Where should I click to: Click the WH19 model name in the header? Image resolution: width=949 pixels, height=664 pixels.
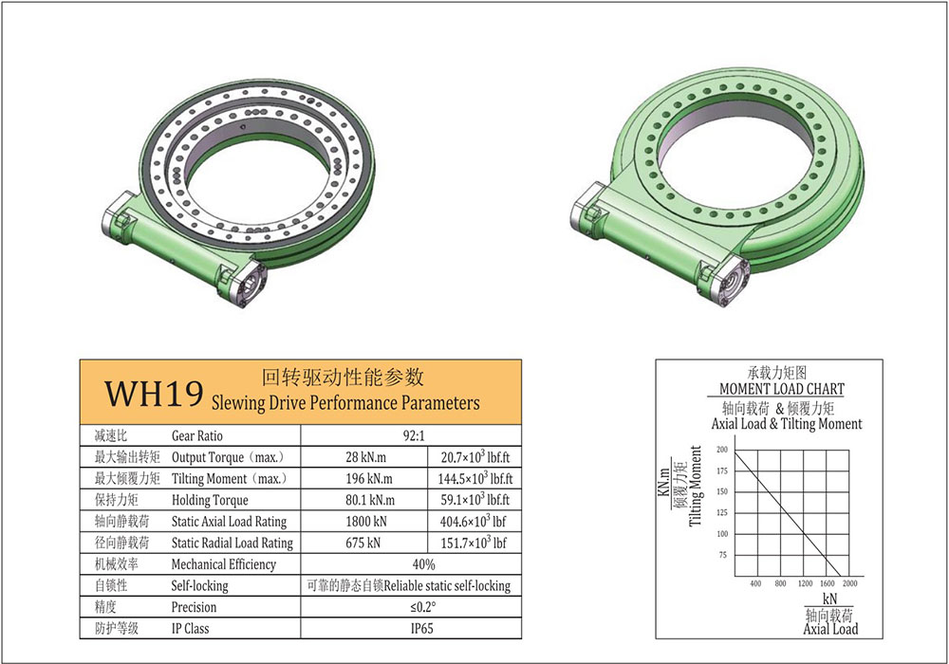pos(154,394)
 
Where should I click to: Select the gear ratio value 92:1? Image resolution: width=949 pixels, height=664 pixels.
pos(414,435)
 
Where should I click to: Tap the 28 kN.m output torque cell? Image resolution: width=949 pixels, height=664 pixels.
pos(365,457)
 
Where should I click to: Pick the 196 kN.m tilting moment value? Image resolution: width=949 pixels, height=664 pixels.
pos(368,479)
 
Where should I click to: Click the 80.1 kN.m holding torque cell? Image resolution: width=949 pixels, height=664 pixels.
pos(370,500)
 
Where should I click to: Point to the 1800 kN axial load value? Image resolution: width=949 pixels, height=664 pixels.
pos(366,522)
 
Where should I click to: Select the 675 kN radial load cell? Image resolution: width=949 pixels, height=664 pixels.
pos(363,543)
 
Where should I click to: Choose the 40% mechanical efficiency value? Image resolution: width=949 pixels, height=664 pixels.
pos(423,564)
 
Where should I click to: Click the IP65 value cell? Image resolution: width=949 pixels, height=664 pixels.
pos(422,628)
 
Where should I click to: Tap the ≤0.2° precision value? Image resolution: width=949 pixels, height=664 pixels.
pos(422,607)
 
